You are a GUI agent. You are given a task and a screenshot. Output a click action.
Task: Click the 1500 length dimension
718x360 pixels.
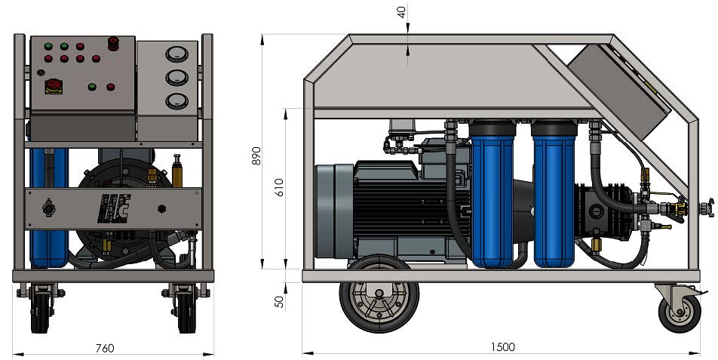click(503, 347)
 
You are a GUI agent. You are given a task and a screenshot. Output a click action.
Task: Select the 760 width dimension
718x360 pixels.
click(105, 348)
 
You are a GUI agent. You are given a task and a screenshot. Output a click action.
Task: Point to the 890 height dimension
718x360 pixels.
click(256, 155)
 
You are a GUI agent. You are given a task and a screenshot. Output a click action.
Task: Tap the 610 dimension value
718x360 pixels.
click(281, 188)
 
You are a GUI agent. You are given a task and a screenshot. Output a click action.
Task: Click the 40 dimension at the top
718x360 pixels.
click(402, 13)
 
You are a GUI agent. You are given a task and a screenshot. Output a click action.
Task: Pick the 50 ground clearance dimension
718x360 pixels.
click(279, 301)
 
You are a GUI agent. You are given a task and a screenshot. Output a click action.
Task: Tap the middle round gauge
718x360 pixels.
click(175, 78)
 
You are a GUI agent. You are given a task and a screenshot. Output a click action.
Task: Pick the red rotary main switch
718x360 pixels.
click(54, 85)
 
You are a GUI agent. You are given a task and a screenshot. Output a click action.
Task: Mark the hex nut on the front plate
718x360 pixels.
click(161, 208)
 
